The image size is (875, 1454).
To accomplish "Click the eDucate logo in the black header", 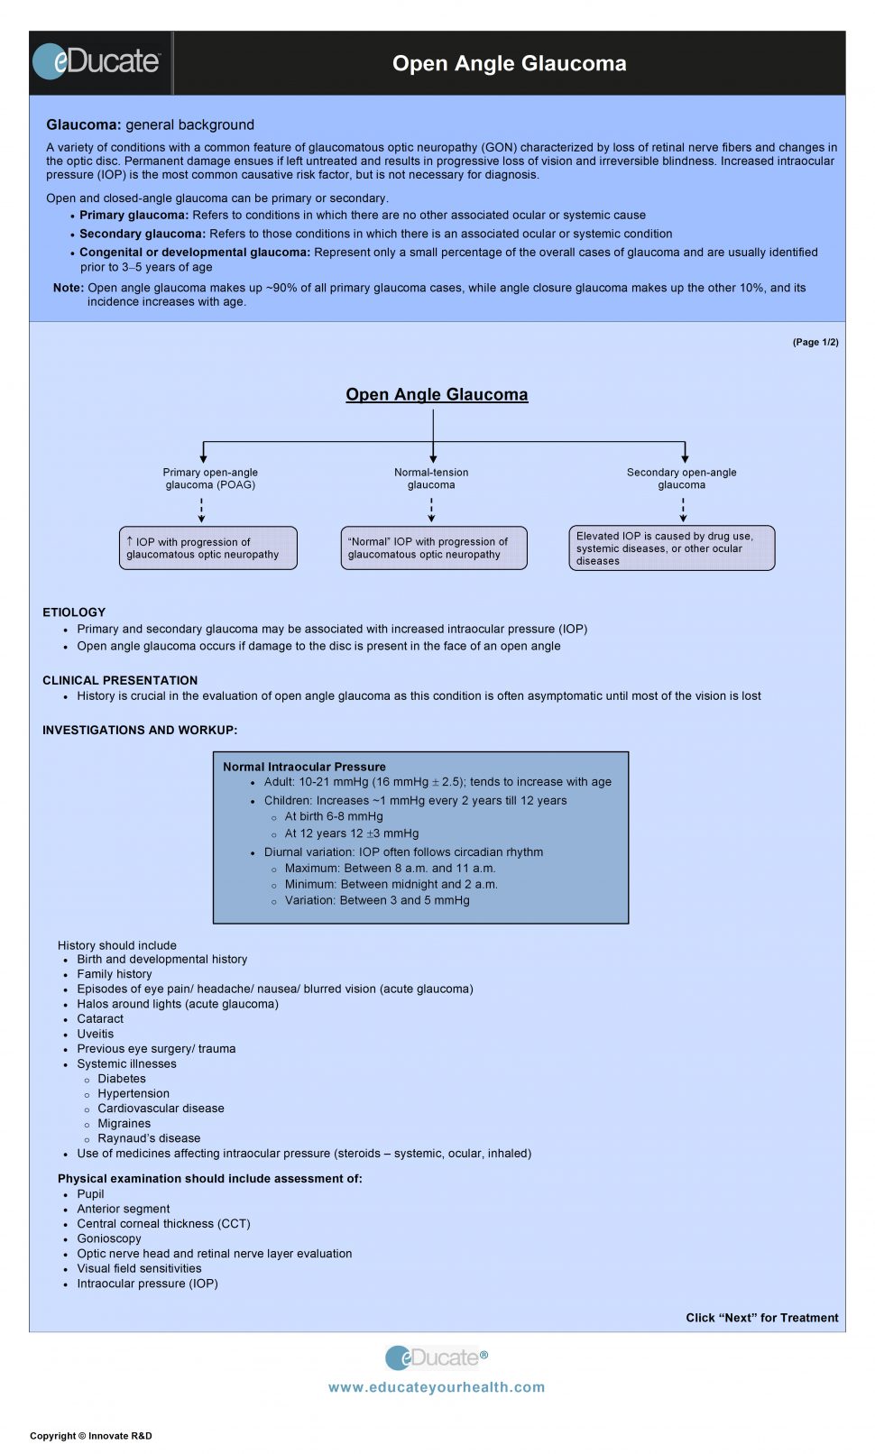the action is click(96, 61).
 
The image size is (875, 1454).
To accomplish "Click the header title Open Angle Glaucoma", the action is click(509, 64).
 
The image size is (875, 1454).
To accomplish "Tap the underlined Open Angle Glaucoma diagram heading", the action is click(437, 395).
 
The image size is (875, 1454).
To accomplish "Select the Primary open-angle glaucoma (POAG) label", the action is click(210, 478).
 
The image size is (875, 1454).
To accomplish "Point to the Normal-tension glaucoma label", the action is click(431, 478).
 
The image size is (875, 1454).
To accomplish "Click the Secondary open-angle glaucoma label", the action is click(682, 478).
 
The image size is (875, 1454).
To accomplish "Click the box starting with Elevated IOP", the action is click(672, 548).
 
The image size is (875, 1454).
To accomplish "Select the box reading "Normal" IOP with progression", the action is click(434, 548).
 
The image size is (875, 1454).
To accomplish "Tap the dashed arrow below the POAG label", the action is click(202, 511).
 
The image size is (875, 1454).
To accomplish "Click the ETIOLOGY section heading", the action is click(74, 612).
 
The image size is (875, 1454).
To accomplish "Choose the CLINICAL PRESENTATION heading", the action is click(120, 680).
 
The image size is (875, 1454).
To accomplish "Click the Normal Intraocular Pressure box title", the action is click(304, 767).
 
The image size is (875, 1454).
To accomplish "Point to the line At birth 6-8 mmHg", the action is click(334, 816).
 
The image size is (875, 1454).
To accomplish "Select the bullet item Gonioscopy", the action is click(109, 1238).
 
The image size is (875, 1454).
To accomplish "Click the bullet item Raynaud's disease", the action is click(149, 1138).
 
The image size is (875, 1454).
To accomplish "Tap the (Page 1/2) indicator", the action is click(815, 342).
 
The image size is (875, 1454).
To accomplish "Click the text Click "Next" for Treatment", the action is click(762, 1318).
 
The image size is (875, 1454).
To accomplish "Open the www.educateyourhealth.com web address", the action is click(437, 1387).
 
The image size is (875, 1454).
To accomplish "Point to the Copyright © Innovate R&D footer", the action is click(91, 1436).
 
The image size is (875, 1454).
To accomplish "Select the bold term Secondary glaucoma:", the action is click(143, 234).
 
